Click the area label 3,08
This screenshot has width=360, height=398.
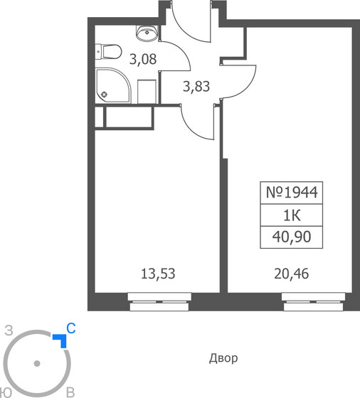click(142, 59)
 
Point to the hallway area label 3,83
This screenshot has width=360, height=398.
click(196, 87)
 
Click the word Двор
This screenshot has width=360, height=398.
click(223, 358)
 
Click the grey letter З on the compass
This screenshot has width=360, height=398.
click(9, 329)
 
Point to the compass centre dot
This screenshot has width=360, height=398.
click(37, 365)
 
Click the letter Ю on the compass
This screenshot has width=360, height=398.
click(6, 392)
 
